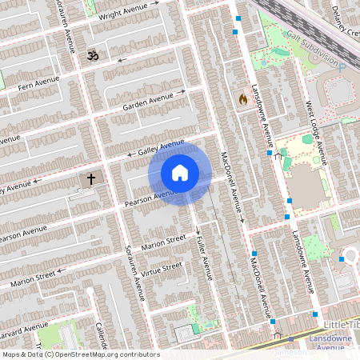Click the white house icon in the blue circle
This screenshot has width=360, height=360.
tap(180, 172)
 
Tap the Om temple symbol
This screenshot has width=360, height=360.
tap(90, 56)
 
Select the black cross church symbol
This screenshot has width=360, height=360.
tap(91, 178)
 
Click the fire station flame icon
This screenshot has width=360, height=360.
tap(242, 99)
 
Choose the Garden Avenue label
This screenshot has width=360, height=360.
tap(147, 102)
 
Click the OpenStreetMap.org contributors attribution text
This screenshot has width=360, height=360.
tap(102, 354)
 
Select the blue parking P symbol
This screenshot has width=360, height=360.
tap(342, 68)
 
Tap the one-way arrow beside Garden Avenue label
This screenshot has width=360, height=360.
tap(182, 92)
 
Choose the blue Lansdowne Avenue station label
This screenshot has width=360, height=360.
tap(330, 343)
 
